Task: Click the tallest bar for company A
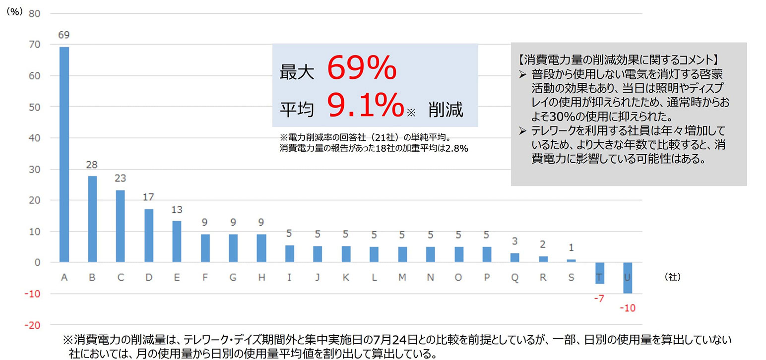(64, 154)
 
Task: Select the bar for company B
(92, 219)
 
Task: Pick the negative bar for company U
(627, 278)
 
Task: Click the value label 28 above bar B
(92, 165)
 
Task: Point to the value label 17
(148, 197)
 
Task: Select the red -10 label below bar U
(627, 308)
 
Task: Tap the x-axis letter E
(177, 278)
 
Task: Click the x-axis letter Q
(514, 278)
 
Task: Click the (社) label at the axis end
(672, 278)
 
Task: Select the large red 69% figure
(362, 68)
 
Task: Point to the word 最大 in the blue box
(297, 73)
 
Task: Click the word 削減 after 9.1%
(446, 110)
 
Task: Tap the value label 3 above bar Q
(514, 241)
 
